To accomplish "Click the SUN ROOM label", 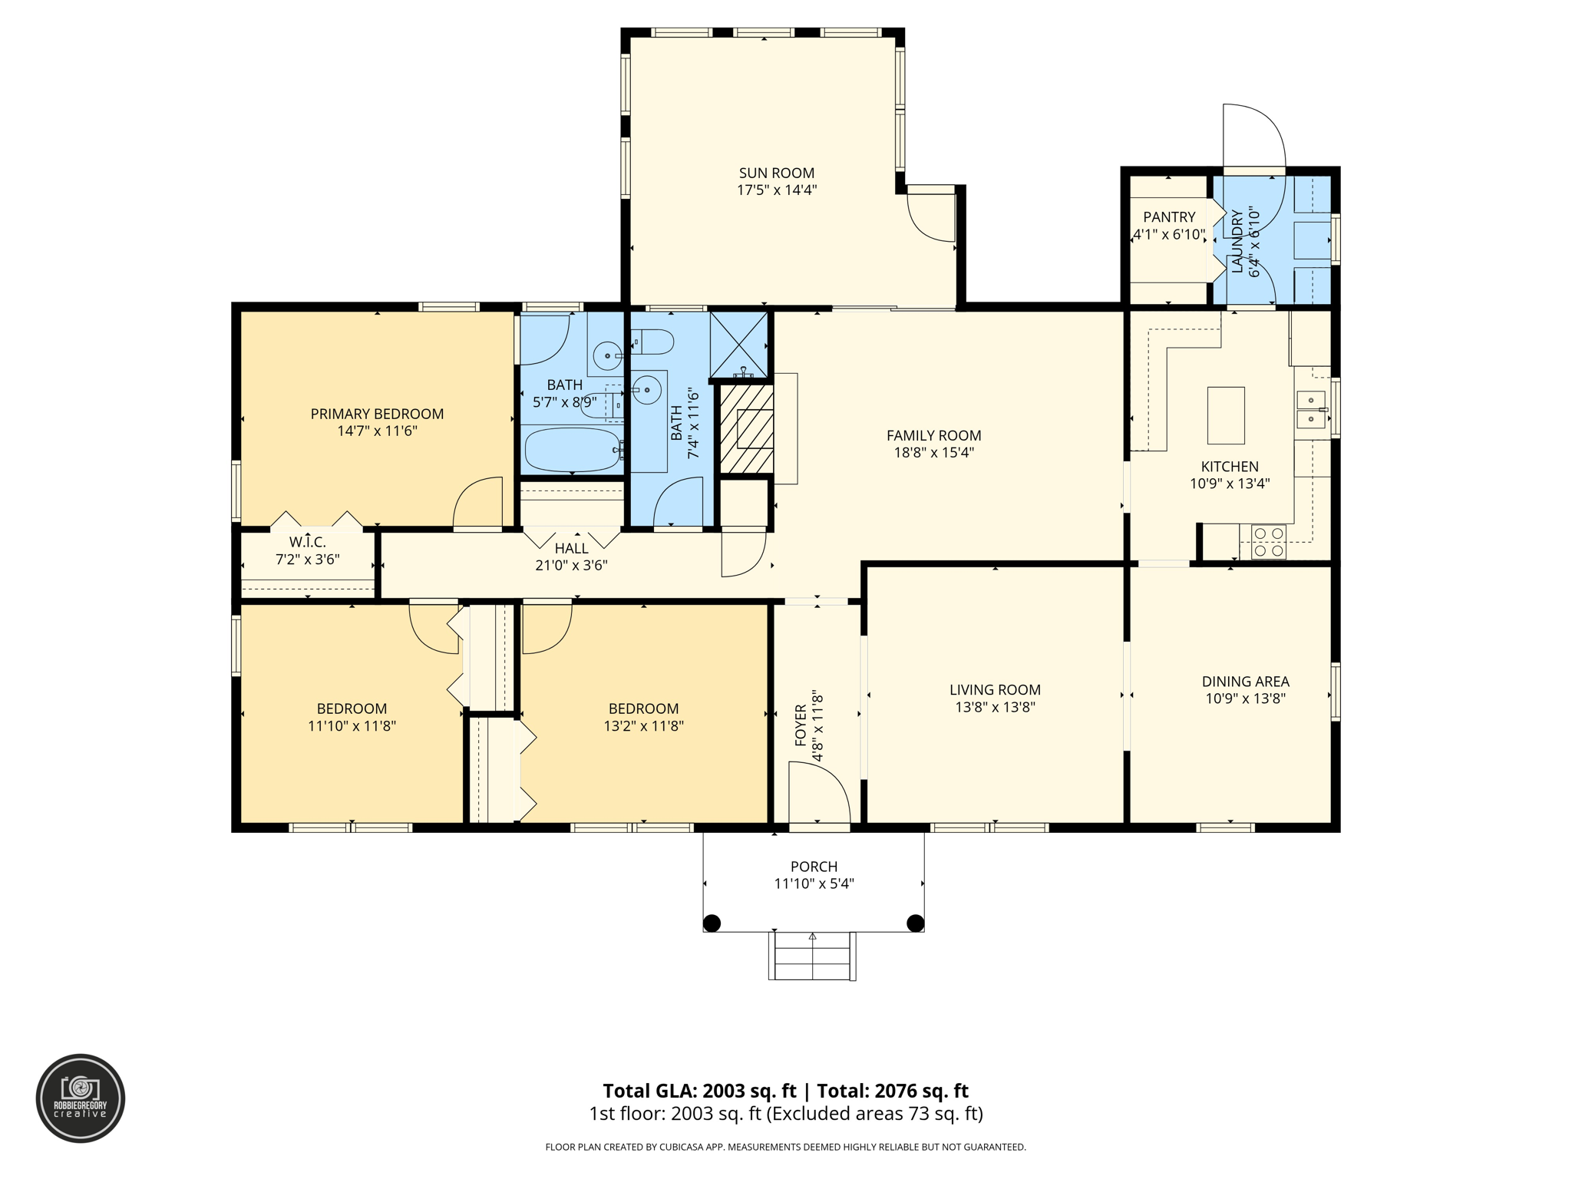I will click(776, 173).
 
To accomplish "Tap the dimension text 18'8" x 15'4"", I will click(933, 453).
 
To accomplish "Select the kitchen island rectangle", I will click(1225, 415).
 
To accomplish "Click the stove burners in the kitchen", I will click(1268, 541).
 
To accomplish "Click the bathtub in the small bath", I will click(573, 450).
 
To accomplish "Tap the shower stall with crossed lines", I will click(738, 343).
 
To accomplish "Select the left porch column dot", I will click(712, 923).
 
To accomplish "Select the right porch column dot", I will click(915, 923).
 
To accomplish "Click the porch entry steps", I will click(812, 956).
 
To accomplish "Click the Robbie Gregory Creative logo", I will click(81, 1098).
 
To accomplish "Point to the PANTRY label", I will click(1168, 217).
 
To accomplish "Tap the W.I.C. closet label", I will click(307, 543).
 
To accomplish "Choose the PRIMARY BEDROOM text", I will click(377, 414).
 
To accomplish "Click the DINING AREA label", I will click(1245, 682).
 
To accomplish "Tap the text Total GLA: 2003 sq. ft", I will click(699, 1091).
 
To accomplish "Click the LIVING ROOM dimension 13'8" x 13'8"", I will click(995, 707).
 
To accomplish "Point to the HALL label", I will click(571, 548).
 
